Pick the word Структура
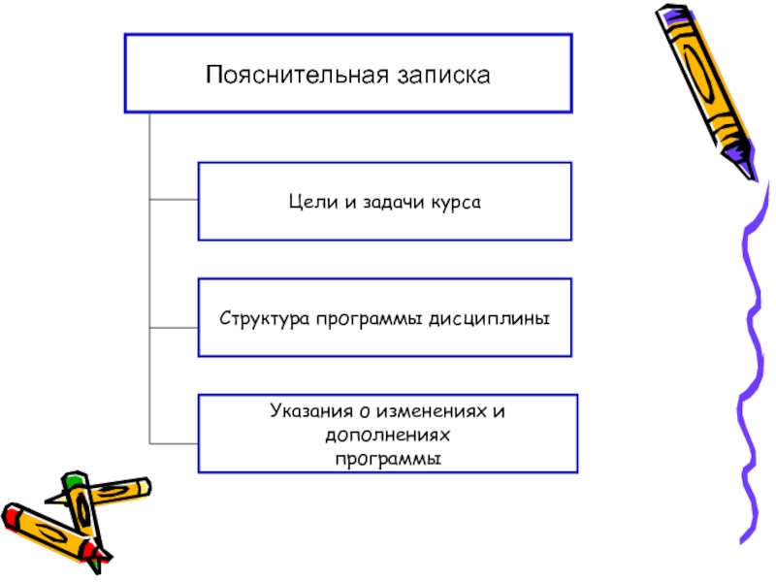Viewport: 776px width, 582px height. point(262,317)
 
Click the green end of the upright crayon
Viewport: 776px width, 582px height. point(74,479)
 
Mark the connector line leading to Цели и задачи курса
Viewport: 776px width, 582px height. point(175,202)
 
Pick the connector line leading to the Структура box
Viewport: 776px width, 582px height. point(175,328)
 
